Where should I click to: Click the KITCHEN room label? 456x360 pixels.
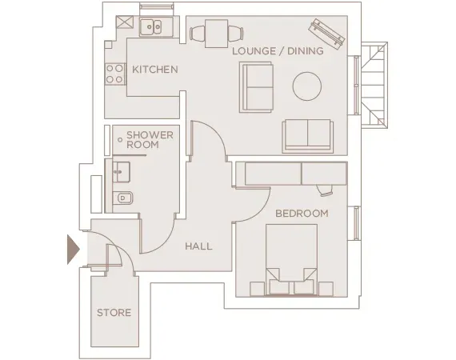(x=154, y=70)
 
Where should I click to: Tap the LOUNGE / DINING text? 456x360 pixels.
(x=278, y=51)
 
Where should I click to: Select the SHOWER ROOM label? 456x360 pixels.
(x=149, y=140)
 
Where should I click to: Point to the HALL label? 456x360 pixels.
(x=198, y=246)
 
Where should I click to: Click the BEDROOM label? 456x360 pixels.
(x=302, y=214)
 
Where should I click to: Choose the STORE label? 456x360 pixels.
(x=114, y=312)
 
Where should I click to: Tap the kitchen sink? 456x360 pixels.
(x=152, y=28)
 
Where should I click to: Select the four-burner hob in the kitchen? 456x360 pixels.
(x=115, y=74)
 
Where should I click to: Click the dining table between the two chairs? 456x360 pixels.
(x=214, y=33)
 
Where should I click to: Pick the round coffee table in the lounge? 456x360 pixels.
(x=306, y=86)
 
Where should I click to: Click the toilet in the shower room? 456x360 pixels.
(x=121, y=198)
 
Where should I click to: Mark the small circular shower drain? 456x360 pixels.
(x=120, y=140)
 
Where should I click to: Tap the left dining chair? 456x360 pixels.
(x=198, y=34)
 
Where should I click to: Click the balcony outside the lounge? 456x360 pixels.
(x=374, y=80)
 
